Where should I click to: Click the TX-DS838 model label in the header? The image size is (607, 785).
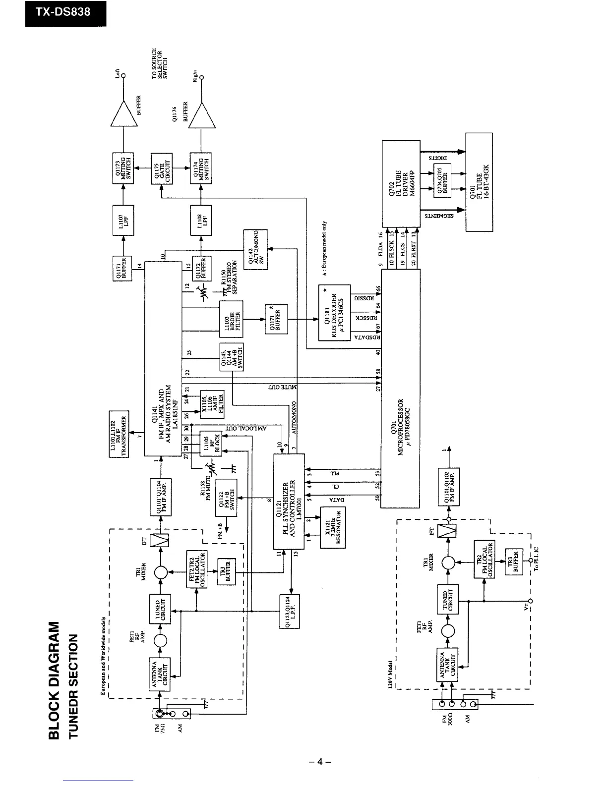(x=66, y=12)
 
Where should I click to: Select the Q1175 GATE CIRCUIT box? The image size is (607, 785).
(x=162, y=168)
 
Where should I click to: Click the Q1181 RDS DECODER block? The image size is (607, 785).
(x=335, y=312)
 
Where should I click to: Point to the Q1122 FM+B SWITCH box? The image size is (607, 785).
(x=226, y=497)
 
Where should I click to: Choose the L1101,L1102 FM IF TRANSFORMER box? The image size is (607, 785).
(x=119, y=434)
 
